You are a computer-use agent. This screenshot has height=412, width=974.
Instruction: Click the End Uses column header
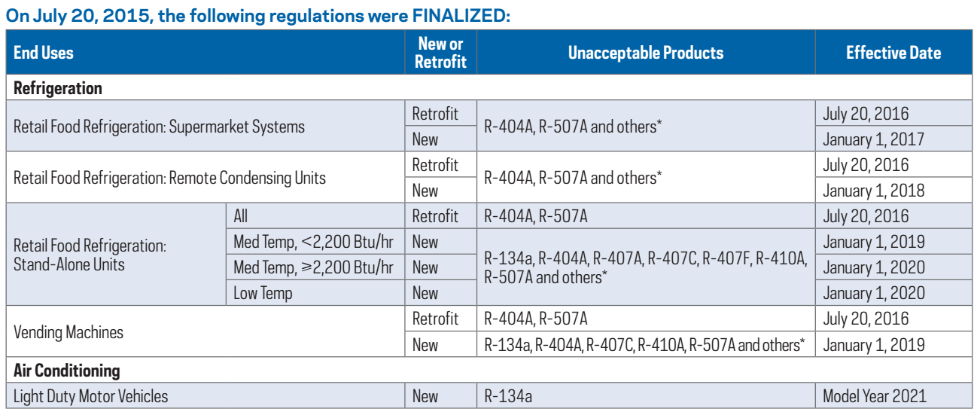[44, 53]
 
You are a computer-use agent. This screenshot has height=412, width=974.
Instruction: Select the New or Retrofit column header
[440, 53]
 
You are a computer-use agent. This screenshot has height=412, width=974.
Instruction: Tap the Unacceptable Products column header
[645, 53]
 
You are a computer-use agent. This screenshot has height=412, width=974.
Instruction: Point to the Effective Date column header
[893, 53]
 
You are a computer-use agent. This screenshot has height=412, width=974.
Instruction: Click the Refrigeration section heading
[58, 88]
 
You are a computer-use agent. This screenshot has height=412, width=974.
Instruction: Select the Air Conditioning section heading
[67, 371]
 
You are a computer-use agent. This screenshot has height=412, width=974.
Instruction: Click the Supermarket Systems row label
[159, 127]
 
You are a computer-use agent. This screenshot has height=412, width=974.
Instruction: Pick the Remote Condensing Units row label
[169, 178]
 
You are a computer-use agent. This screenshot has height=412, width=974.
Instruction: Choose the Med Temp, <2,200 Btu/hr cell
[314, 242]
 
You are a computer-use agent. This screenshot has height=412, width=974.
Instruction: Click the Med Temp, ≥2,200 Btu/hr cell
[314, 267]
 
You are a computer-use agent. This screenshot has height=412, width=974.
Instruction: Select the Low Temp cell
[263, 293]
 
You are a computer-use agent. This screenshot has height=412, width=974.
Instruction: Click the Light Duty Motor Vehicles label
[90, 396]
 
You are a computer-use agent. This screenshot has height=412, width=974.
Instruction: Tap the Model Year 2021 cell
[875, 396]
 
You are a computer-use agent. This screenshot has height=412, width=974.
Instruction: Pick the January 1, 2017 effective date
[873, 139]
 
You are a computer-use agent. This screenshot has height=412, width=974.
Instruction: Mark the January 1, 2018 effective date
[873, 191]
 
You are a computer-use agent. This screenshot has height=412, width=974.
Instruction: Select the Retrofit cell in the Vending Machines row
[435, 319]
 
